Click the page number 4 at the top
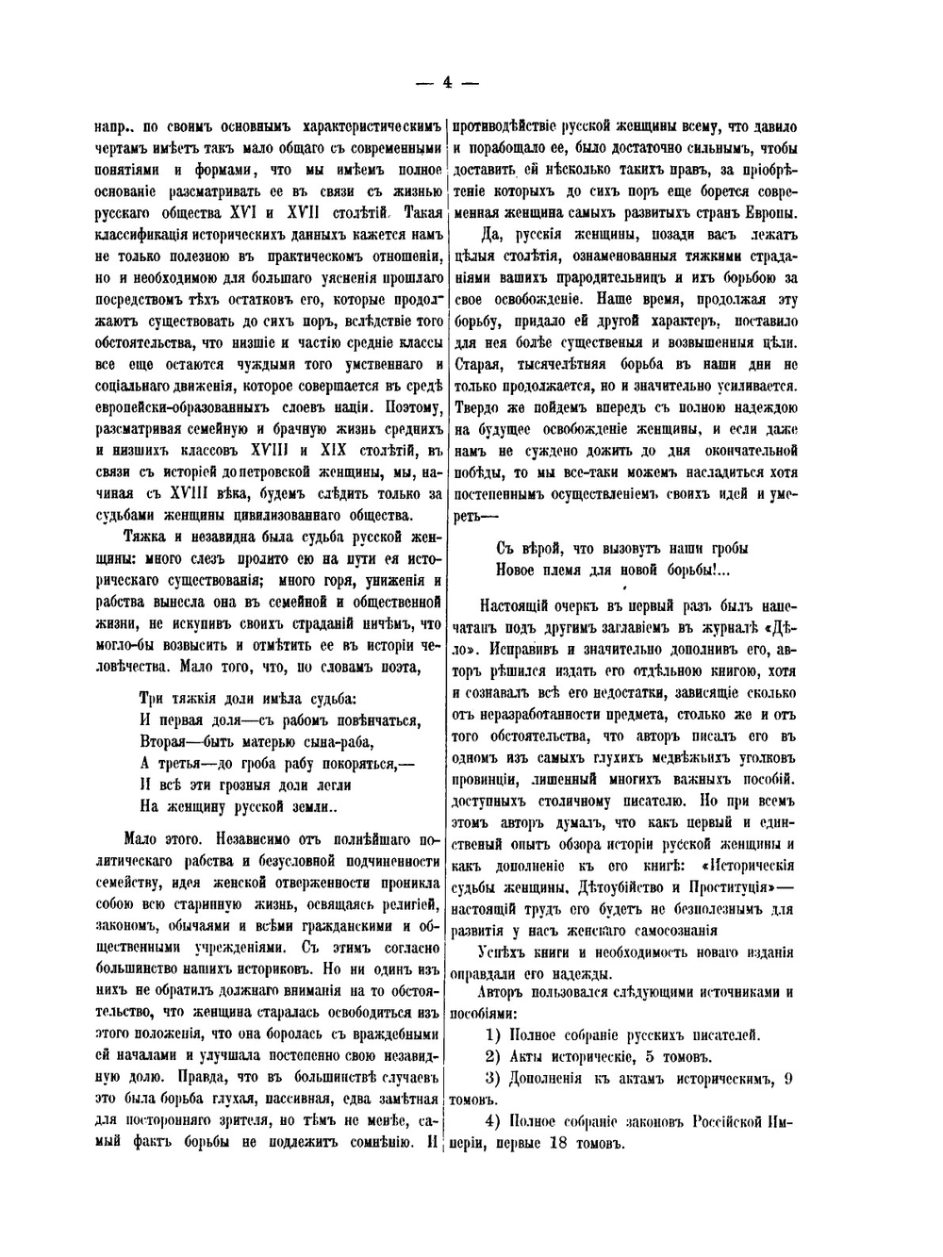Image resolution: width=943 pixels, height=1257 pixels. [447, 82]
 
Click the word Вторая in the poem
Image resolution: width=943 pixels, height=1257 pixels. [166, 739]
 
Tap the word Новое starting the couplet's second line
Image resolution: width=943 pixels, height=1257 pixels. [519, 570]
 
